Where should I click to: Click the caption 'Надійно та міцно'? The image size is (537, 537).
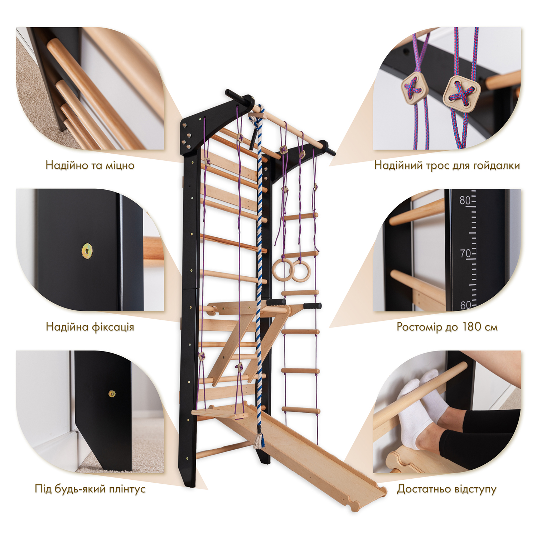pos(90,165)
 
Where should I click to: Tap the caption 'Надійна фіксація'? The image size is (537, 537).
pos(90,327)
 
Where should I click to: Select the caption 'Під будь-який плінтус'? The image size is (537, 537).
pos(90,489)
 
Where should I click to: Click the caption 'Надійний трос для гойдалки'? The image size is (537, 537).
pos(447,165)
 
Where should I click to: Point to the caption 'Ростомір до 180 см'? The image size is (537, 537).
pos(447,327)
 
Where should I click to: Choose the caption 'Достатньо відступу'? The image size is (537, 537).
pos(447,489)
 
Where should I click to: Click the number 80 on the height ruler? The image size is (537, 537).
pos(465,200)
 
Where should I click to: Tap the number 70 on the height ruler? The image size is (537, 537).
pos(465,253)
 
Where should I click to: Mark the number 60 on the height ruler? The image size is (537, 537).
pos(465,305)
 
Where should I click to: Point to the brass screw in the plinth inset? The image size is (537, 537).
pos(112,394)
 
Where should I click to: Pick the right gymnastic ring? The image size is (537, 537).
pos(301,272)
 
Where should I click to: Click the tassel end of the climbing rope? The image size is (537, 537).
pos(259,441)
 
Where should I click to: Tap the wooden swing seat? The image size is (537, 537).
pos(220,413)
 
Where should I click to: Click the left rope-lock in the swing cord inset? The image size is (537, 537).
pos(414,87)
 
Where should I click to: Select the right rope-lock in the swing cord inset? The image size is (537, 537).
pos(462,89)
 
